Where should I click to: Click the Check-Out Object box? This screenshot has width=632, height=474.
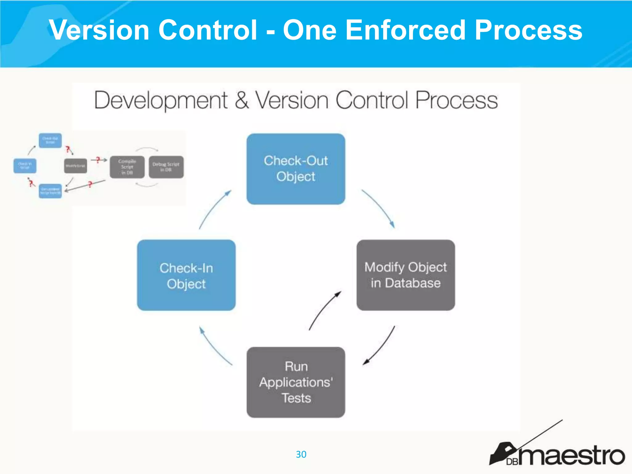pos(296,169)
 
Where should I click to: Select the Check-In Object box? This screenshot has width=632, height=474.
pos(186,275)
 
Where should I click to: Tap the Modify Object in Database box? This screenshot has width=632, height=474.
pos(405,275)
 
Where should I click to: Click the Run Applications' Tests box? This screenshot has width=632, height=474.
pos(296,382)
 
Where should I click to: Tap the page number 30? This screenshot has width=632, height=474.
pos(301,454)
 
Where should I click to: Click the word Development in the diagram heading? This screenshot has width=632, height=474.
pos(161,100)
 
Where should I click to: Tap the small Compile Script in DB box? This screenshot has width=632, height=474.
pos(127,167)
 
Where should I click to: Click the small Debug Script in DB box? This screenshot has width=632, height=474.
pos(166,167)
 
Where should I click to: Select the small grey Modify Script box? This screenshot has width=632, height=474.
pos(75,166)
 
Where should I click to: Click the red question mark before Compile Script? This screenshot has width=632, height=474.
pos(98,160)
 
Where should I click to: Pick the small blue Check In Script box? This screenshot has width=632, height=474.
pos(25,166)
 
